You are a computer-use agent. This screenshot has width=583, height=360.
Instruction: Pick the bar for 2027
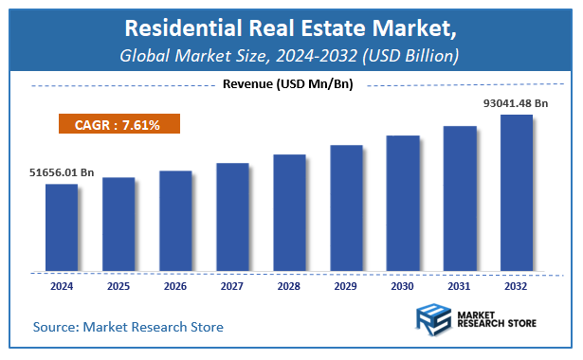[x=232, y=215]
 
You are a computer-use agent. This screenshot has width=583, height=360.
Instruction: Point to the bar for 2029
[x=346, y=207]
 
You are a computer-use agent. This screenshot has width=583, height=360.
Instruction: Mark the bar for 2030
[x=403, y=201]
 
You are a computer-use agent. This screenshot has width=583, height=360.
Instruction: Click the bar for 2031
[x=460, y=196]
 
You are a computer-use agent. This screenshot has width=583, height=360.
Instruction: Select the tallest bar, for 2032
[x=517, y=191]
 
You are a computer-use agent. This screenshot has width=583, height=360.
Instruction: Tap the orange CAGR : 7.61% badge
[x=118, y=124]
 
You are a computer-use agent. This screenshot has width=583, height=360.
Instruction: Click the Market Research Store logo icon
[x=434, y=320]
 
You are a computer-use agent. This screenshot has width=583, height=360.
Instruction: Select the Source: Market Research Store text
[x=128, y=327]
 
